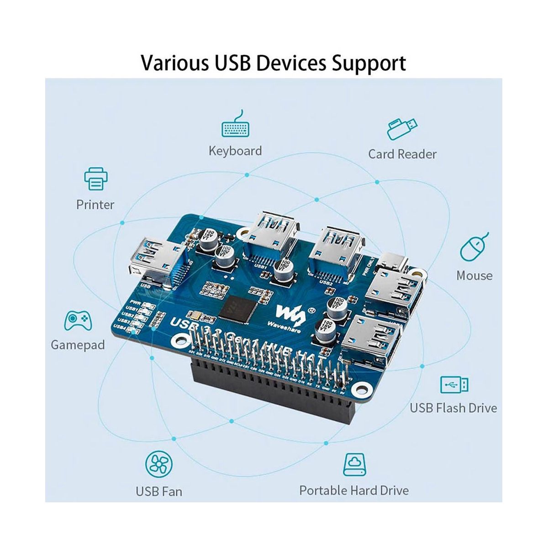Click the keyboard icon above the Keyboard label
235,124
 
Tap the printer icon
95,179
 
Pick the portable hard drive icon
354,464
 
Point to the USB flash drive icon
454,385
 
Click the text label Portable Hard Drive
354,490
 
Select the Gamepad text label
78,344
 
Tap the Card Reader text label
402,154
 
